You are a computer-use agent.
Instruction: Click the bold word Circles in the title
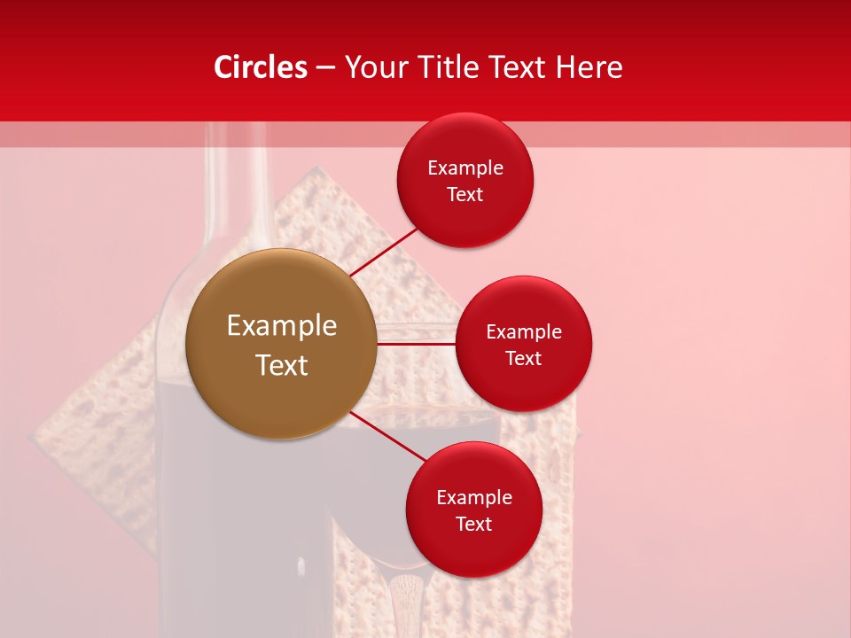point(261,67)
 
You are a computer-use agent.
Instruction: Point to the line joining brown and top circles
point(384,251)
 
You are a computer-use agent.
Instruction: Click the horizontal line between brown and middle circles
point(416,344)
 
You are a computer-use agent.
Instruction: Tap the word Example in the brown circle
point(282,326)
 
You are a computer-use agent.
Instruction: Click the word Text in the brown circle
point(282,365)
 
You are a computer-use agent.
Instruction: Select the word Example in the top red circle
point(465,167)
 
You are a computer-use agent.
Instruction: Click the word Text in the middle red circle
point(523,358)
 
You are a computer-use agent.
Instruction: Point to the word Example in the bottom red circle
point(473,497)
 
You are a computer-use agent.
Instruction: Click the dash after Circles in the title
point(325,68)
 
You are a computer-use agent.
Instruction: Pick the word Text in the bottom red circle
point(473,524)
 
